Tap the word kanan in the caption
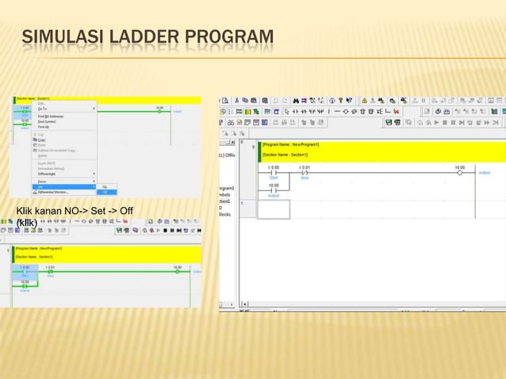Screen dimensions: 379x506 coord(47,210)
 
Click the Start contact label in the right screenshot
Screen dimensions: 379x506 coord(274,178)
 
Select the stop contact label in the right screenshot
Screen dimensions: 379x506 coord(305,178)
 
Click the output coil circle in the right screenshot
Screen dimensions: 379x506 coord(459,173)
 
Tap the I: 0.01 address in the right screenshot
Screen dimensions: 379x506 coord(305,167)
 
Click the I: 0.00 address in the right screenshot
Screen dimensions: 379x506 coord(274,167)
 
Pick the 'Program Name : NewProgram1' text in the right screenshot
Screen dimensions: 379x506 coord(291,146)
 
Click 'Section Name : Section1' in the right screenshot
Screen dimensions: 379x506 coord(288,155)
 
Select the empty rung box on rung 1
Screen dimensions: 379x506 coord(274,209)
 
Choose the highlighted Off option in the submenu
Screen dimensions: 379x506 coord(104,192)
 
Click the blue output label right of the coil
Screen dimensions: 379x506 coord(485,173)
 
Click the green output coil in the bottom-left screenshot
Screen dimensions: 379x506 coord(177,270)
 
